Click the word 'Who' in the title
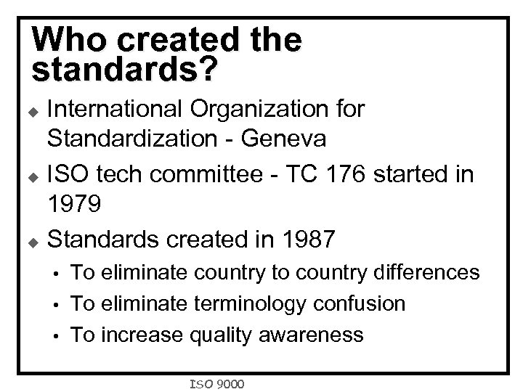[65, 39]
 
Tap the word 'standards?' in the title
[124, 69]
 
